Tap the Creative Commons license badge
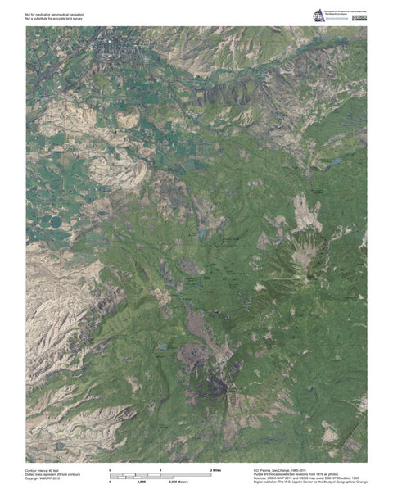359,16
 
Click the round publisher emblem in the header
318,16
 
